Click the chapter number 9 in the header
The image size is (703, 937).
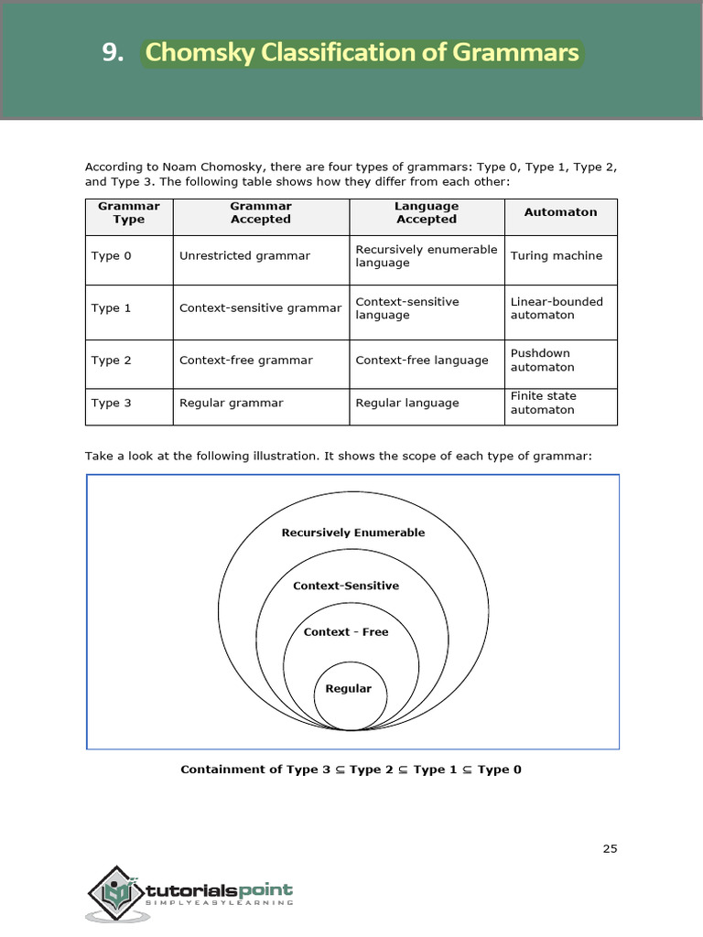[x=111, y=53]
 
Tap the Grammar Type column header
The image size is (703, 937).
[x=129, y=212]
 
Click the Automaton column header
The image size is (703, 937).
[x=560, y=212]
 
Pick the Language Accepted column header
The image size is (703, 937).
[x=426, y=212]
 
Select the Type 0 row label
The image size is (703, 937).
[x=112, y=256]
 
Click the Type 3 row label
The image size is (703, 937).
[x=112, y=403]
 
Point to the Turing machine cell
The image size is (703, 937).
[x=556, y=256]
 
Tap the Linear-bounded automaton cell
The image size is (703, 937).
[x=556, y=308]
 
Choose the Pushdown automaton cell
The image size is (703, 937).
[x=542, y=360]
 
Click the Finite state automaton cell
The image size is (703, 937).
[x=543, y=403]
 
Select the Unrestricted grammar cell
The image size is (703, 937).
[x=244, y=256]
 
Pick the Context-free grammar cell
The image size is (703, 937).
[x=245, y=361]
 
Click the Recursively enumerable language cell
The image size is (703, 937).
[x=426, y=256]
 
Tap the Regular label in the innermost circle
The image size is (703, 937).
[x=349, y=689]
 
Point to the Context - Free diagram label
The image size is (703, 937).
[x=346, y=632]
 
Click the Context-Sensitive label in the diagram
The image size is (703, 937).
[x=346, y=586]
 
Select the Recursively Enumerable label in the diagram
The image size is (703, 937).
[x=352, y=533]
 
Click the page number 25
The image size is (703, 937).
[x=610, y=848]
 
